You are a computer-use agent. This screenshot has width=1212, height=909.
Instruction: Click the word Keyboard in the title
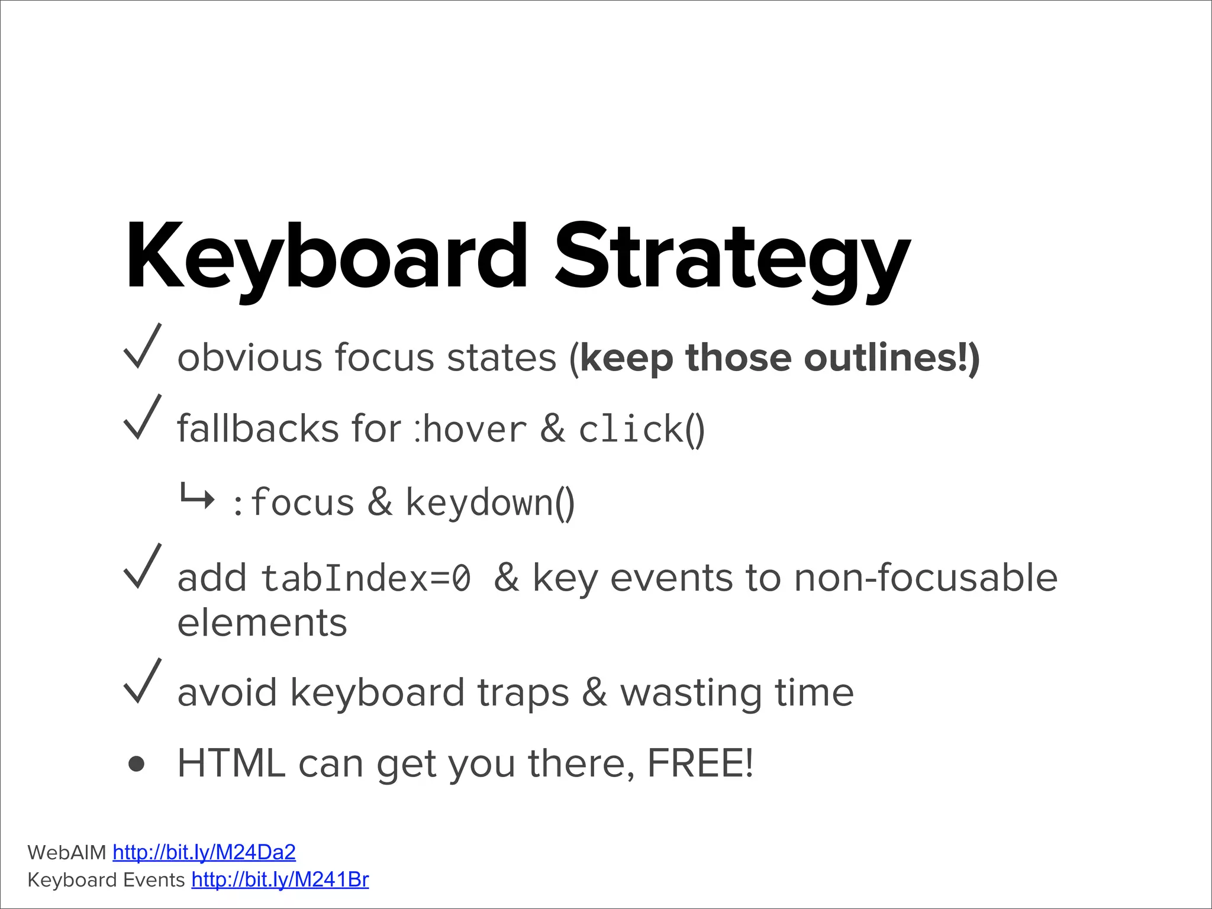coord(325,257)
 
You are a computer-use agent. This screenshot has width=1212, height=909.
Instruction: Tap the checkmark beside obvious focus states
coord(142,348)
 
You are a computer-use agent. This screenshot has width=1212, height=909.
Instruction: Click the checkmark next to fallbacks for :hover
coord(142,419)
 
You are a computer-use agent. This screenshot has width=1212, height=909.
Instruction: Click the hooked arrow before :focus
coord(196,497)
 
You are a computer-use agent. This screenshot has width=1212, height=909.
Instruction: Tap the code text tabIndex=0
coord(366,578)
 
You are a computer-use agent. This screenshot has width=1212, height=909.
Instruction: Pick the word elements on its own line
coord(262,623)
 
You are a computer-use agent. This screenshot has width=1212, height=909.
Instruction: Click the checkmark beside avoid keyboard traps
coord(142,682)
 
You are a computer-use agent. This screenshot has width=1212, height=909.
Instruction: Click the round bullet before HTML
coord(137,764)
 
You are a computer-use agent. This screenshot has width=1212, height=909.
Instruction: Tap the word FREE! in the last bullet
coord(700,763)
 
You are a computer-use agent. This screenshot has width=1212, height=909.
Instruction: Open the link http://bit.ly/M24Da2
coord(204,852)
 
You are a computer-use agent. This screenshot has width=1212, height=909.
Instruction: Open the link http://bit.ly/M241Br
coord(280,880)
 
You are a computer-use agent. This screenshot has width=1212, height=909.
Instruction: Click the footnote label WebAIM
coord(67,853)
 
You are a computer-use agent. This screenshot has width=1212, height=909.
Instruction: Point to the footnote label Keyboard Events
coord(107,880)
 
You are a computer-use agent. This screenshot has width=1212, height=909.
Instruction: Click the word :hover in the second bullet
coord(470,429)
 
